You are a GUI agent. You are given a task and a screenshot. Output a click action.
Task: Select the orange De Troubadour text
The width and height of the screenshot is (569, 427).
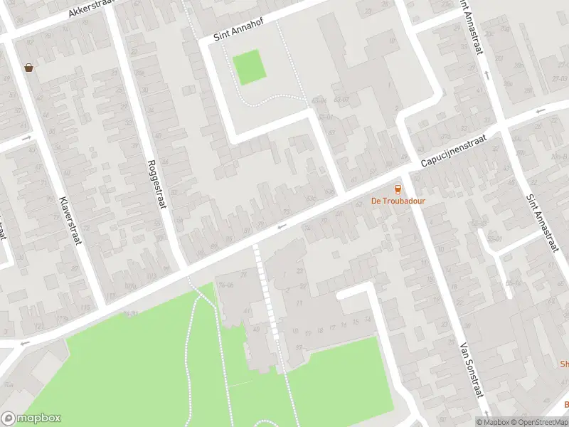click(398, 201)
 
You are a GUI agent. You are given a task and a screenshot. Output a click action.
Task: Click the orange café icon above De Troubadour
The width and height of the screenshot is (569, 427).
click(398, 189)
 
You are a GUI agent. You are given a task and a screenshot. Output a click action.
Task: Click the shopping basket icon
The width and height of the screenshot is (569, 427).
click(28, 68)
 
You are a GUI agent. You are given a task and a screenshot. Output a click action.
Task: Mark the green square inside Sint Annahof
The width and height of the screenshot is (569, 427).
click(249, 68)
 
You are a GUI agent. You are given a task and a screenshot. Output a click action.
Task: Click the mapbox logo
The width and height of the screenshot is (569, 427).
click(30, 418)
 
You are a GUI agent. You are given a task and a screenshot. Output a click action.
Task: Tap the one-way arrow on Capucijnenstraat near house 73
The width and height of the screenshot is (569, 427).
click(281, 226)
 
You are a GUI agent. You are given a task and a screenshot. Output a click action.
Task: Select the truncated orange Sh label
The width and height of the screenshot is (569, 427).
click(564, 364)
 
